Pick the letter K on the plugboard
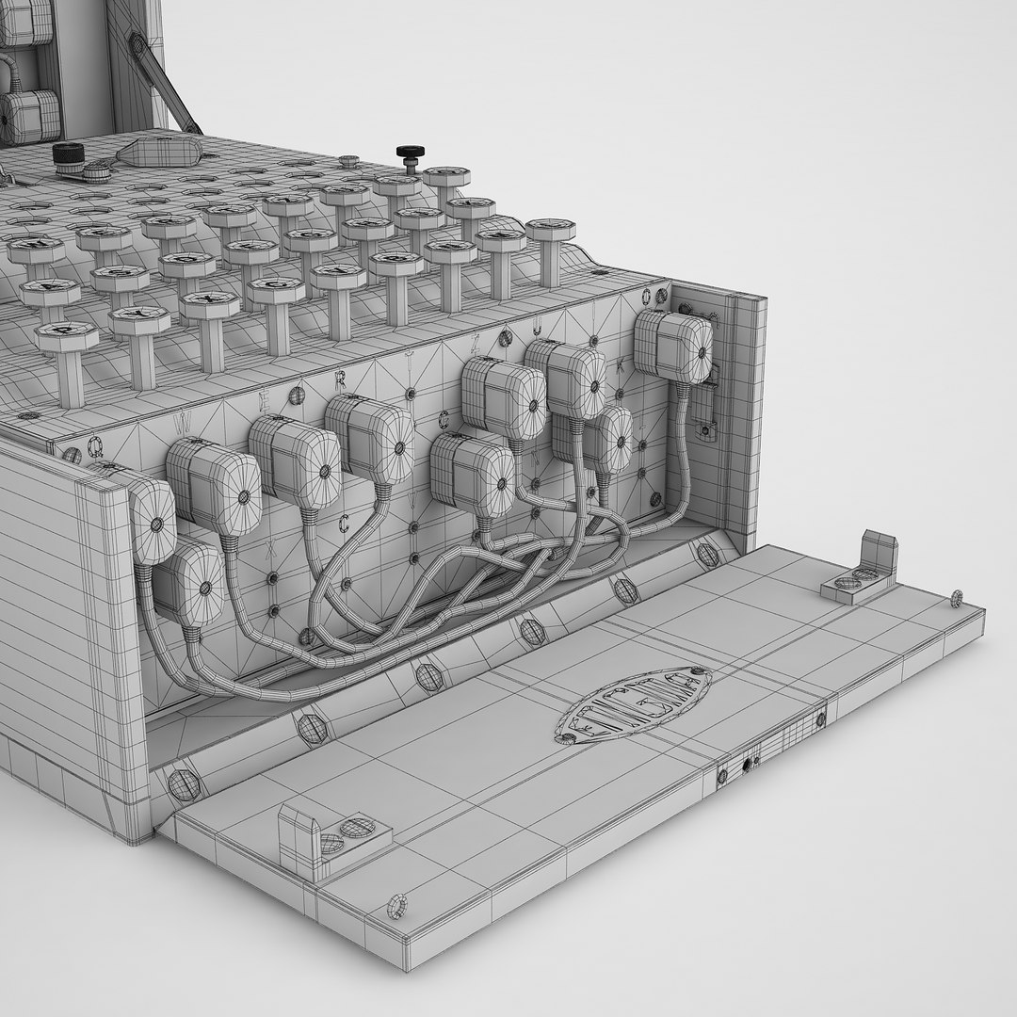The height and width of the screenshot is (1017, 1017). [619, 368]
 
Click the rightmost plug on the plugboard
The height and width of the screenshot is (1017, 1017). [672, 347]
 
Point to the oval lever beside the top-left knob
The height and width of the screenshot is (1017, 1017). [160, 151]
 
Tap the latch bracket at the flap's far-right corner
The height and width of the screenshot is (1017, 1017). [864, 570]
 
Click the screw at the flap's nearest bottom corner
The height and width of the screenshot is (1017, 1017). [398, 907]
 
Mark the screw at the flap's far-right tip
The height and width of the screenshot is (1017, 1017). [957, 596]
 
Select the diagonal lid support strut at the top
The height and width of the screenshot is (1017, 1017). [169, 85]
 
